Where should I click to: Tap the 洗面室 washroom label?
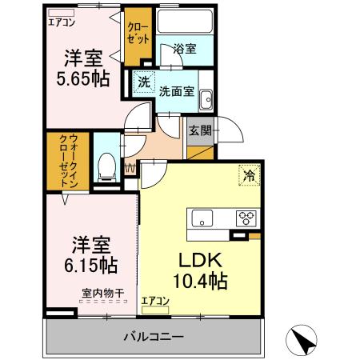coord(176,90)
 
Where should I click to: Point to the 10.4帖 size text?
coord(200,282)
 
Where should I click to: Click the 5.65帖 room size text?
coord(82,79)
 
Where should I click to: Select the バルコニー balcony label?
coord(154,337)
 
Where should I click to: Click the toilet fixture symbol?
coord(105,166)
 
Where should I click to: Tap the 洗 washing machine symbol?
coord(142,81)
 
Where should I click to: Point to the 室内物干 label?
coord(103,293)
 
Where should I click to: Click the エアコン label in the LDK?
coord(155,301)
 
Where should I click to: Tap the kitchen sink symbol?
coord(201,217)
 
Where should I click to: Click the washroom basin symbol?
coord(206,98)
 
